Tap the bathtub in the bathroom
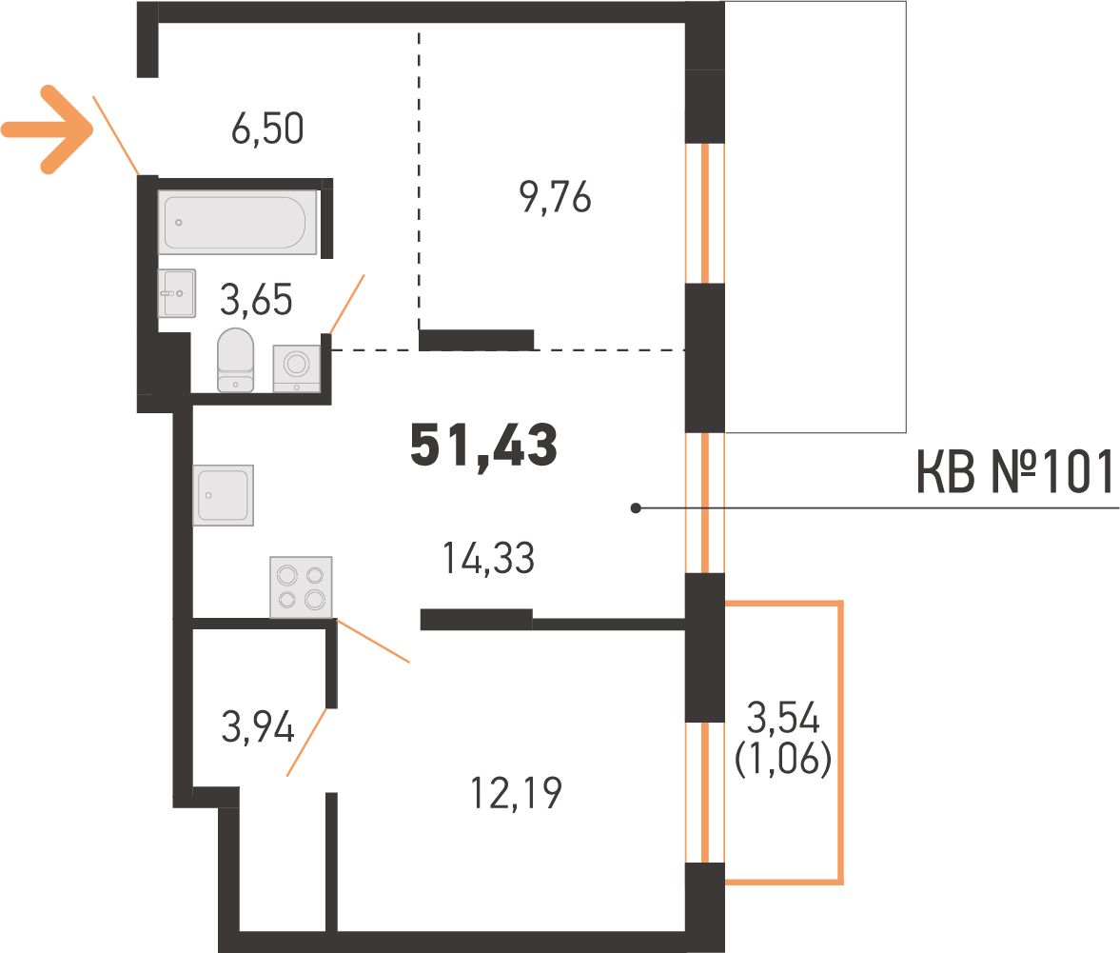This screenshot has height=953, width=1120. [x=237, y=222]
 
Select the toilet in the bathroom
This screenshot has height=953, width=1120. [x=235, y=360]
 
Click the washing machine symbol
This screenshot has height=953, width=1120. [x=297, y=367]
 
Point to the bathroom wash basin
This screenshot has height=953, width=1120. [x=176, y=293]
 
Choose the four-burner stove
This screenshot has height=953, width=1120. [x=301, y=586]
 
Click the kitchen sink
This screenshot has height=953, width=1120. [x=223, y=495]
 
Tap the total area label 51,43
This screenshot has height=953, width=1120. [x=483, y=446]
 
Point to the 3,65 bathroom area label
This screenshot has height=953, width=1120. [x=256, y=300]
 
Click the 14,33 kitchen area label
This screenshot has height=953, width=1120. [x=488, y=560]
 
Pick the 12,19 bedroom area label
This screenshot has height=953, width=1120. [x=517, y=792]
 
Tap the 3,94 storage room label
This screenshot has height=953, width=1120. [x=257, y=728]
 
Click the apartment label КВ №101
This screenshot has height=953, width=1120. [x=1014, y=473]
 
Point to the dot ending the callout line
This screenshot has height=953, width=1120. [x=636, y=508]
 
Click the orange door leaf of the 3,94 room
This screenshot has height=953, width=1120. [x=308, y=742]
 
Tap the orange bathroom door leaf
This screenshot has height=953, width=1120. [x=346, y=304]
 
